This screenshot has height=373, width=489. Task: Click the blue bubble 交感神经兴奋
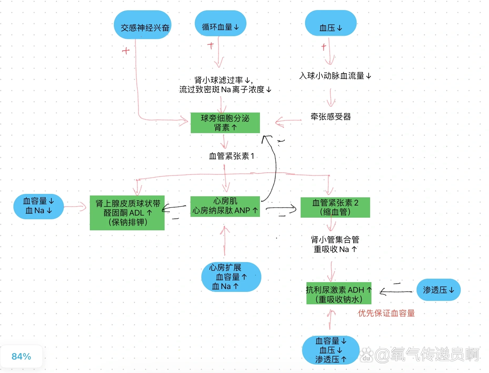tap(142, 25)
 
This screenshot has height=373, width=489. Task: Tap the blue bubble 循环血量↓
tap(220, 24)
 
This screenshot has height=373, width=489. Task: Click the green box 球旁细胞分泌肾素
tap(225, 123)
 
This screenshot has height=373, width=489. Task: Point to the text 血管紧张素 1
tap(231, 156)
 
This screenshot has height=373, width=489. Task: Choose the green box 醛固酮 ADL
tap(127, 213)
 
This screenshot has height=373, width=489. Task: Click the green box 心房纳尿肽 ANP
tap(225, 206)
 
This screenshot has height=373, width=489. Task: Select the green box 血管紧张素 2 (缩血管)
tap(335, 207)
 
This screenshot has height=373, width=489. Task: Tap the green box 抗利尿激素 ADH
tap(339, 293)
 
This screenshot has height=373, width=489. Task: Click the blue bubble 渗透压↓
tap(438, 290)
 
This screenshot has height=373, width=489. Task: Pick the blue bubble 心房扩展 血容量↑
tap(231, 277)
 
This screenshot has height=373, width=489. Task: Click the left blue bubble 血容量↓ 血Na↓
tap(39, 206)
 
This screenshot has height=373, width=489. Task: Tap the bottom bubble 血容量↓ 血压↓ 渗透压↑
tap(330, 350)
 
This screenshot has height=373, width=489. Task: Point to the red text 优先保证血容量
tap(386, 313)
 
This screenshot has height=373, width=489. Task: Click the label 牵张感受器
tap(330, 116)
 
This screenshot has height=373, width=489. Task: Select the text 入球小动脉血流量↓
tap(335, 76)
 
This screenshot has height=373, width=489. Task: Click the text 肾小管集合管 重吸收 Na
tap(335, 244)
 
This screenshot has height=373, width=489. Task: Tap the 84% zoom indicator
tap(21, 356)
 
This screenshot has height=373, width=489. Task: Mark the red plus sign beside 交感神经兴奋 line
tap(126, 51)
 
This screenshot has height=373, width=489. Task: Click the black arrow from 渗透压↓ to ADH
tap(396, 292)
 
